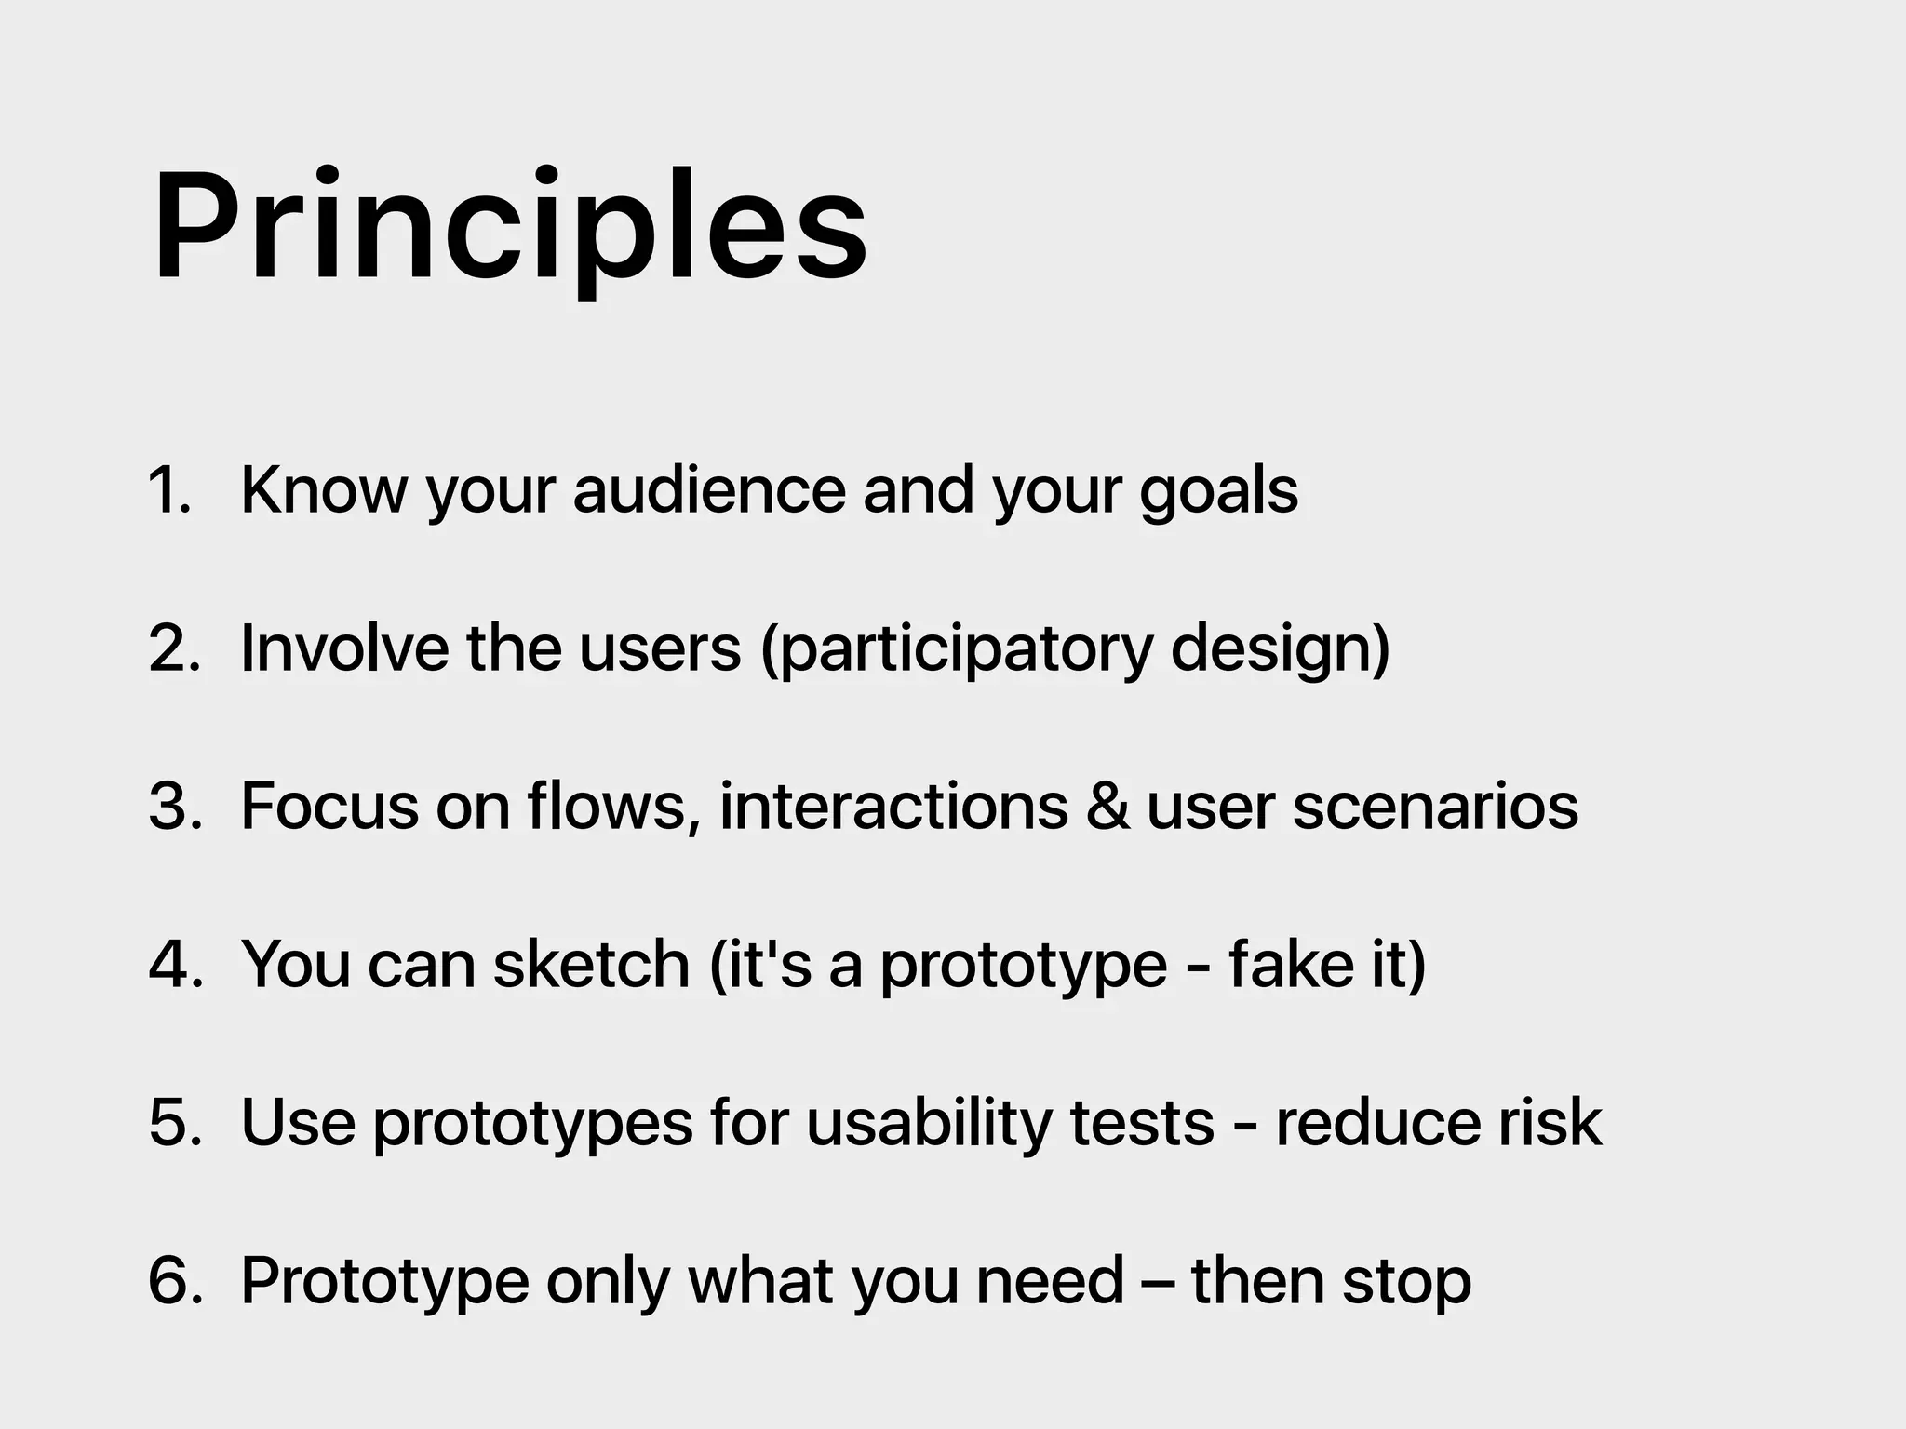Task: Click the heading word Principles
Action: (509, 228)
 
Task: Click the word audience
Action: (709, 489)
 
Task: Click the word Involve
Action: (344, 648)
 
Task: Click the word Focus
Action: (329, 806)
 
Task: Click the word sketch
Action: (591, 964)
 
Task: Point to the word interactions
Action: (893, 806)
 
